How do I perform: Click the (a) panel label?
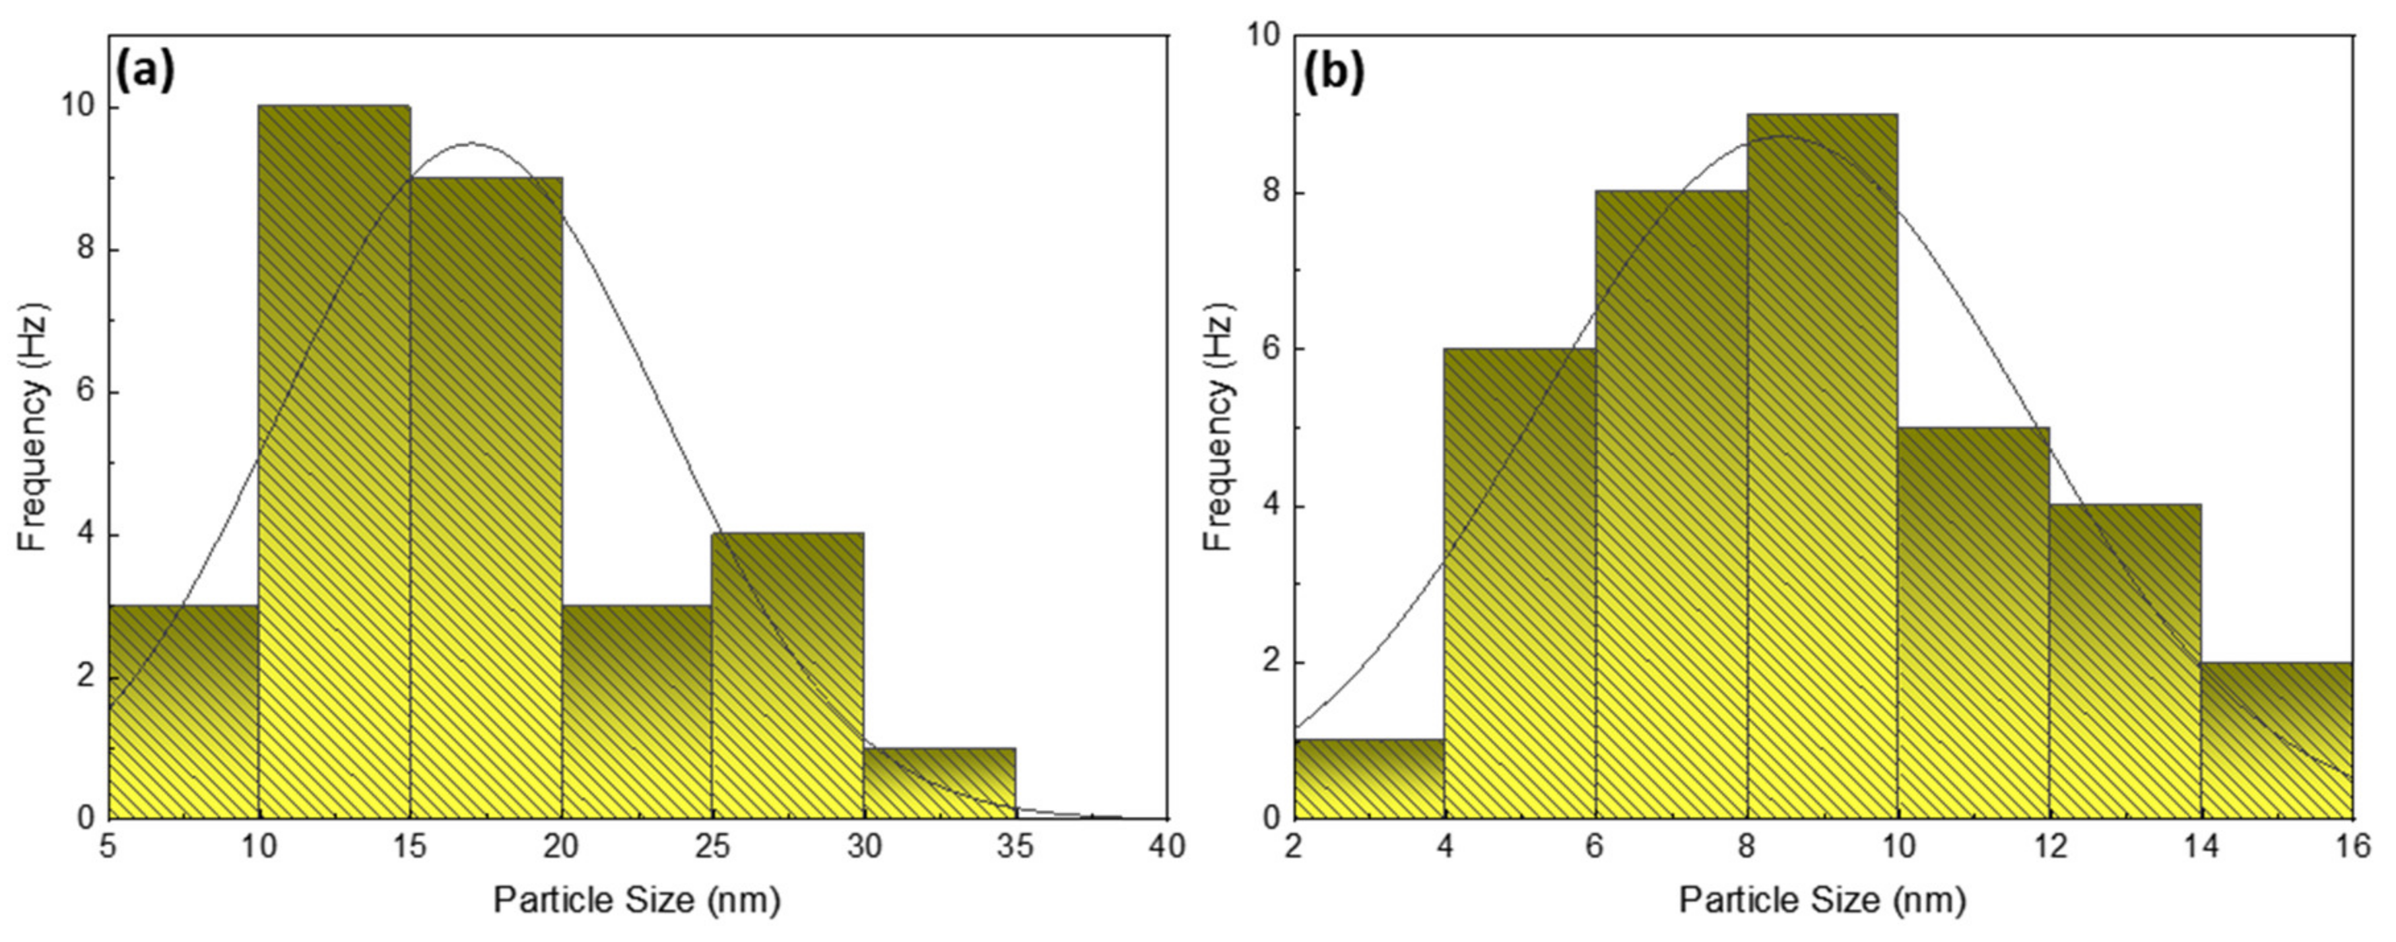pyautogui.click(x=144, y=73)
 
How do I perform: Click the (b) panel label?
pyautogui.click(x=1333, y=73)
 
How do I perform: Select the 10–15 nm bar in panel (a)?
pyautogui.click(x=334, y=465)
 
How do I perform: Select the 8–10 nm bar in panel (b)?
pyautogui.click(x=1822, y=479)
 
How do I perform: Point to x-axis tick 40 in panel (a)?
pyautogui.click(x=1166, y=848)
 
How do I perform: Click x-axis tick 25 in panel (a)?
pyautogui.click(x=712, y=848)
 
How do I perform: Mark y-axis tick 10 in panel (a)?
pyautogui.click(x=77, y=108)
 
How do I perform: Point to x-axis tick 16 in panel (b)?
pyautogui.click(x=2352, y=848)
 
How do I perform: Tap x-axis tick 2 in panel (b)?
pyautogui.click(x=1293, y=848)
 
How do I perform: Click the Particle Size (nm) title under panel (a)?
pyautogui.click(x=636, y=900)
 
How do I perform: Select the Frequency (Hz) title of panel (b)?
pyautogui.click(x=1218, y=427)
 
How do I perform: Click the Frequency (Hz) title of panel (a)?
pyautogui.click(x=32, y=427)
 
